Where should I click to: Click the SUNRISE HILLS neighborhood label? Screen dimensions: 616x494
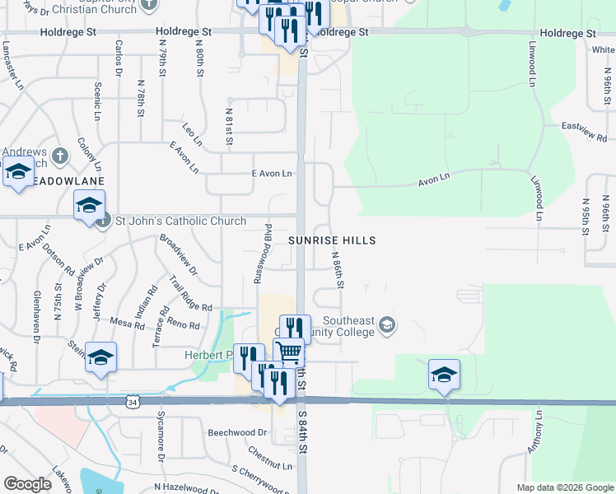(x=332, y=240)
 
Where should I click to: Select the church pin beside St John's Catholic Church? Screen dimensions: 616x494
(x=103, y=220)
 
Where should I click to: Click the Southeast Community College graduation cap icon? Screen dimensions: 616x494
(x=386, y=327)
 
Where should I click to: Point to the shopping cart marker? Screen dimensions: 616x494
(x=288, y=351)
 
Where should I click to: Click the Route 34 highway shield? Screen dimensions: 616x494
(x=133, y=401)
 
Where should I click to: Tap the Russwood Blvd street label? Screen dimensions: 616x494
(x=262, y=253)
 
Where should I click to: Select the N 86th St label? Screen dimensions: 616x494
(x=337, y=269)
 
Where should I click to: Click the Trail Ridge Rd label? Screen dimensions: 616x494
(x=191, y=291)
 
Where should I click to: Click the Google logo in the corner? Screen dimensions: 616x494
(x=27, y=484)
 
